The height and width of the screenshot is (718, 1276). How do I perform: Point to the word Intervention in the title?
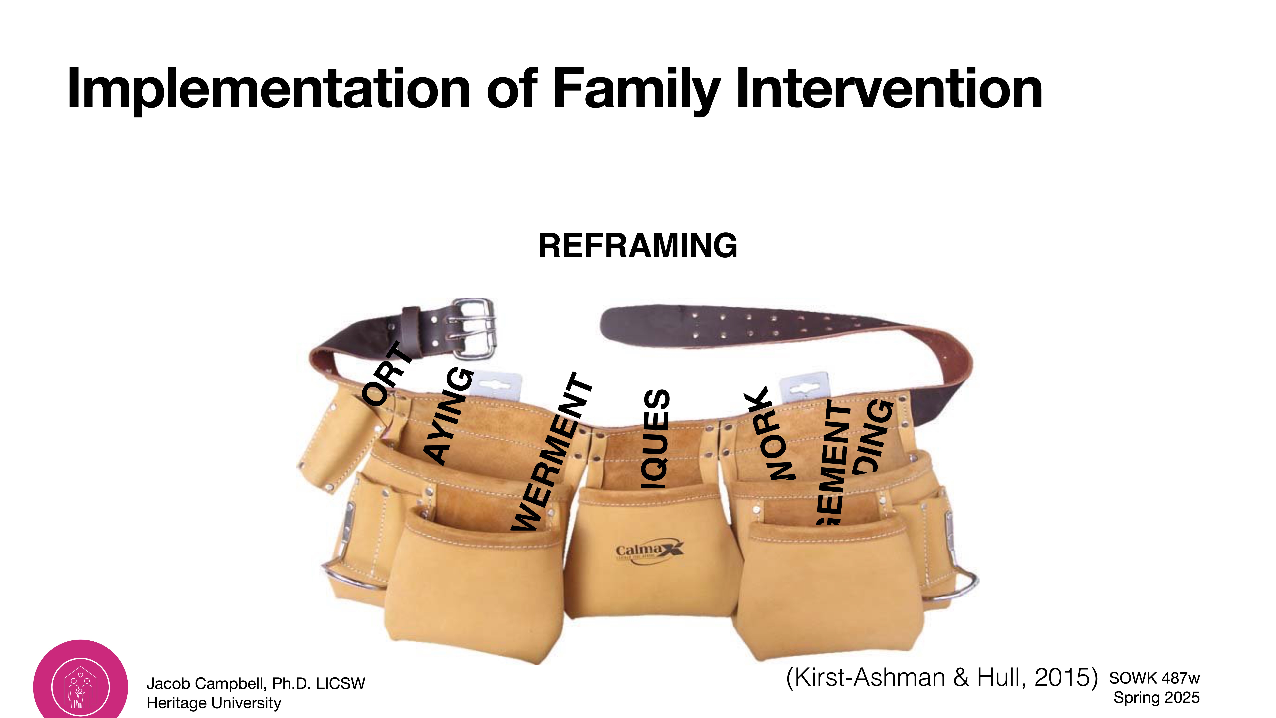[x=889, y=89]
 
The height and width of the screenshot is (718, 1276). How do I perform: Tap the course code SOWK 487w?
[x=1154, y=678]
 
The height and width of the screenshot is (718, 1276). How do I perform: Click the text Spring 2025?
[x=1156, y=698]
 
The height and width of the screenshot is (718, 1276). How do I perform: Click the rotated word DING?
[x=876, y=436]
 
